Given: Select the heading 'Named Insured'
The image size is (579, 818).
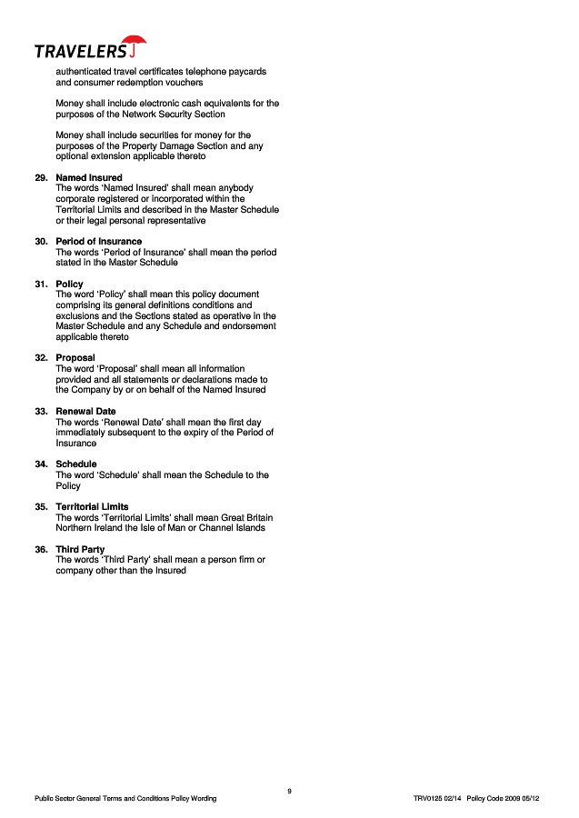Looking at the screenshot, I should tap(89, 177).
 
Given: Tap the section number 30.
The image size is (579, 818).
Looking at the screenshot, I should tap(41, 242).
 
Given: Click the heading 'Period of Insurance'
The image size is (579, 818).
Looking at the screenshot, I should tap(99, 242).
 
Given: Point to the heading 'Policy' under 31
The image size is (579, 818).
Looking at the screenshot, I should tap(69, 284).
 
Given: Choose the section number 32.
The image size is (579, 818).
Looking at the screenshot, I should tap(41, 358).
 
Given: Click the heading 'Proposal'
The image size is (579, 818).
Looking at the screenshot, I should tap(75, 358).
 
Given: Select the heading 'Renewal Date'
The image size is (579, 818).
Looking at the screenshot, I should tap(85, 412).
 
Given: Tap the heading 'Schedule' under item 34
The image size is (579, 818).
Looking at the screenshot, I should tap(76, 464).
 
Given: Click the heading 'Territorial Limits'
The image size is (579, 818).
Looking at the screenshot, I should tap(92, 507).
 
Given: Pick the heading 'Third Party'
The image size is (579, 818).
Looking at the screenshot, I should tap(80, 550).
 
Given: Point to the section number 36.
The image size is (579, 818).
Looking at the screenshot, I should tap(41, 550).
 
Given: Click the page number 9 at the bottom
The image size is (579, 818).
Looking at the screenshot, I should tap(289, 791).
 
